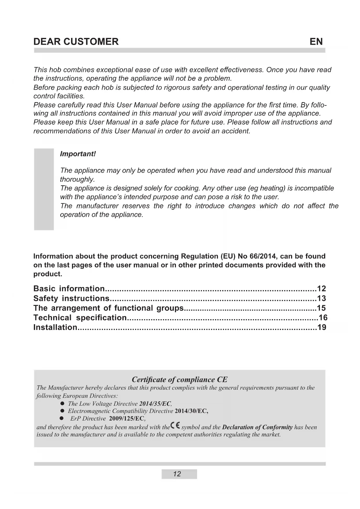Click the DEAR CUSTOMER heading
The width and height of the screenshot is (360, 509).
76,41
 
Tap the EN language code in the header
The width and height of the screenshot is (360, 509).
316,41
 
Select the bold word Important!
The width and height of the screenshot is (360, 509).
78,154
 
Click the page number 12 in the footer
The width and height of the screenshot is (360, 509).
177,474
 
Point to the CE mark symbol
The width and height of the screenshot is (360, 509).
175,426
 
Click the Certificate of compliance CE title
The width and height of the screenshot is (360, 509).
180,379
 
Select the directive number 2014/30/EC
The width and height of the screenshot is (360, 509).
191,411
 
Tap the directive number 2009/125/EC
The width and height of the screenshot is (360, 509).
127,418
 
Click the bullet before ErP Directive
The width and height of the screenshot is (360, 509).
61,418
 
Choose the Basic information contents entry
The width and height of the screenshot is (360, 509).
69,288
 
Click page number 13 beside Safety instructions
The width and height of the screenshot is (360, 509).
321,298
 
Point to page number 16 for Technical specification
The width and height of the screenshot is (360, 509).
323,317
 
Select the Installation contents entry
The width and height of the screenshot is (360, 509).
55,327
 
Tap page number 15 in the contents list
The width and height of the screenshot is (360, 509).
321,308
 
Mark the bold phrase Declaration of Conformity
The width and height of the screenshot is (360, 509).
257,427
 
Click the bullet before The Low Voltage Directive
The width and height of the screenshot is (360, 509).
62,404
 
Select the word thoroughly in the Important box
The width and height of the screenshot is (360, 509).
77,179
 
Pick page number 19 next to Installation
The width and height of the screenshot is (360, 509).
322,327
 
